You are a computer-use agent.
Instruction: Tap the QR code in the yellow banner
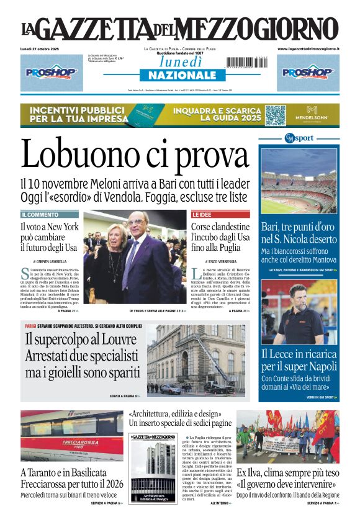coord(276,115)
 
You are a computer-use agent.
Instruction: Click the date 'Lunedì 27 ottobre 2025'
coord(46,48)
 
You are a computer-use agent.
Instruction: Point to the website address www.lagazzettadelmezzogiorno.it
coord(308,48)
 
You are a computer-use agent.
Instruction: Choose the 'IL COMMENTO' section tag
coord(40,214)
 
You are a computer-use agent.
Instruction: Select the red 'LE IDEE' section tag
coord(203,214)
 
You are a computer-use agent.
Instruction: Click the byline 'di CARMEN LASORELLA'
coord(50,261)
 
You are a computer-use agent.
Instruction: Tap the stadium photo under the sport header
coord(299,181)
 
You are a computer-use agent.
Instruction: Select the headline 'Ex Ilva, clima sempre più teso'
coord(287,472)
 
